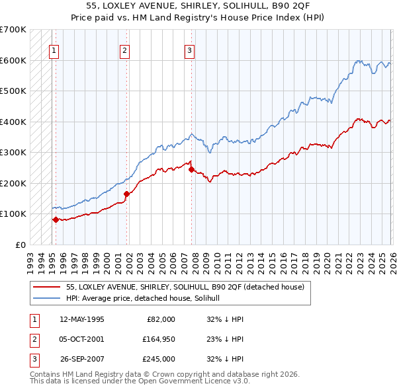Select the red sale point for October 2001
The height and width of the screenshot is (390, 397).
(126, 194)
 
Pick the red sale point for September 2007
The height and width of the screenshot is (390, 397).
(191, 169)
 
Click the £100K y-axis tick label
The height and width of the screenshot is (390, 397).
(13, 214)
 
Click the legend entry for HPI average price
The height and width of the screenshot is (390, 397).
(147, 299)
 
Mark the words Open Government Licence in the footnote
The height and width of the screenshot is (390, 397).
(203, 381)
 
